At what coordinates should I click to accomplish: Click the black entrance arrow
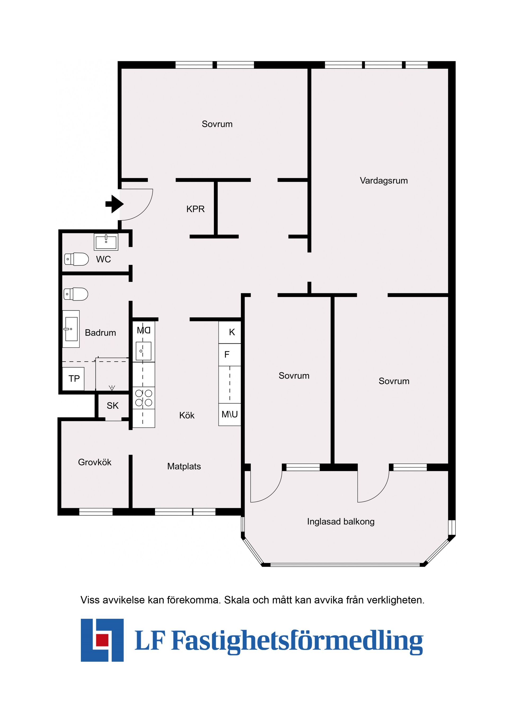click(x=115, y=204)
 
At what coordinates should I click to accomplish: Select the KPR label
click(x=195, y=209)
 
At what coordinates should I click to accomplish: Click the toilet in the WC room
click(x=77, y=259)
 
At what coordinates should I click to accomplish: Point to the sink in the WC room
click(x=106, y=242)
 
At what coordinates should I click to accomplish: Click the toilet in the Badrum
click(x=76, y=294)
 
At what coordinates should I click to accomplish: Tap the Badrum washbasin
click(x=71, y=329)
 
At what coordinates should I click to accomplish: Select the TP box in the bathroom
click(x=74, y=379)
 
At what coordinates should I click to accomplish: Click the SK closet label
click(x=113, y=406)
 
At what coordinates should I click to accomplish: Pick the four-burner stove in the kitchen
click(x=144, y=398)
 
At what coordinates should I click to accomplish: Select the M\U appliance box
click(x=230, y=414)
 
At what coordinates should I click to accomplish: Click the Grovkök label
click(x=94, y=462)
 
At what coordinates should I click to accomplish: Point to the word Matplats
click(x=184, y=466)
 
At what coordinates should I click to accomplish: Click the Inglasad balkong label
click(x=341, y=521)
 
